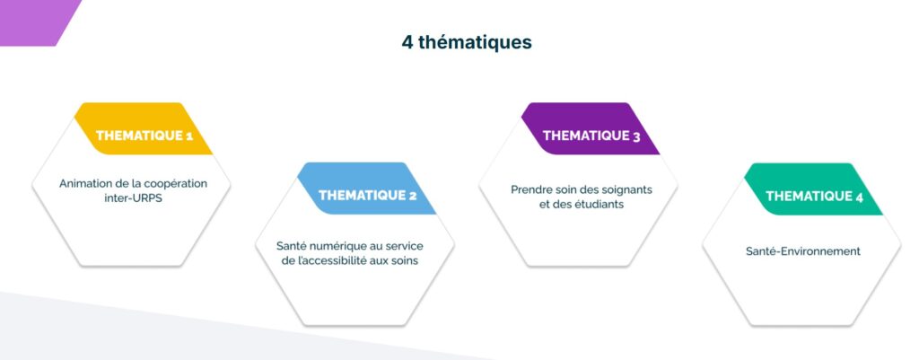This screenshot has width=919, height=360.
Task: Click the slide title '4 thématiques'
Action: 467,43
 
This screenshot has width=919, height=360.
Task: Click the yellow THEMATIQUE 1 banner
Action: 144,129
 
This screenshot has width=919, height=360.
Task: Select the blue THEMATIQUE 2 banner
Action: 367,189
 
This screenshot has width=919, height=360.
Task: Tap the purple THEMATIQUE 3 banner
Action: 591,129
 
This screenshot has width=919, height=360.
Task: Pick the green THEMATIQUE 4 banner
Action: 813,189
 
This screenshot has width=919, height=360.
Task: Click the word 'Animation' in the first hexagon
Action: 83,183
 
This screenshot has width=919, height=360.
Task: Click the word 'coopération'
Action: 179,184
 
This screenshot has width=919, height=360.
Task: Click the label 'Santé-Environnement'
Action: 803,251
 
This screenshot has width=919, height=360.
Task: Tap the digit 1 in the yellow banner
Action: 188,136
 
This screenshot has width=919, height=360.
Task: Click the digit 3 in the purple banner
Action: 636,136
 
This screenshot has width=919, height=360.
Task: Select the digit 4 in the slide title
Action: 407,43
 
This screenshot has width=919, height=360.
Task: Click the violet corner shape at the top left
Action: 35,22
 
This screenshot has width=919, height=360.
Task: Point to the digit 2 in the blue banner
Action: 413,196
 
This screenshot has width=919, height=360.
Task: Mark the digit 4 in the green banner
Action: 859,197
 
